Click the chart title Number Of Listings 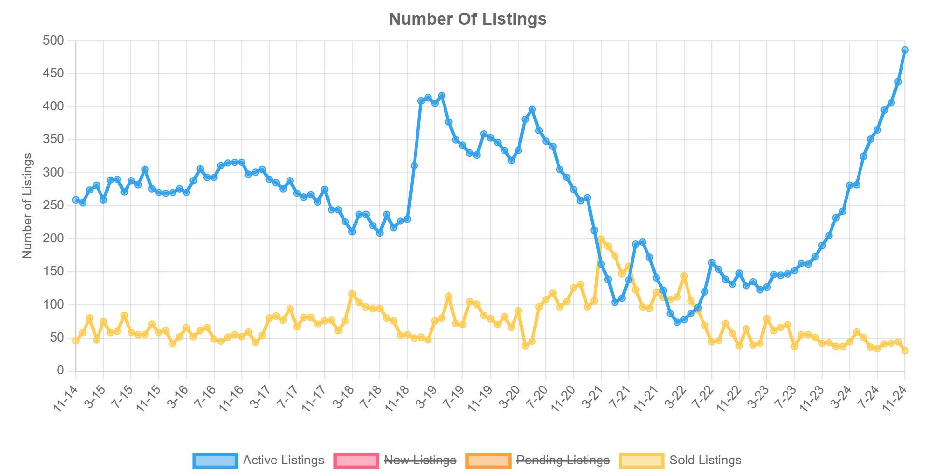point(468,19)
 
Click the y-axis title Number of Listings point(28,206)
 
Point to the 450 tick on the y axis point(54,74)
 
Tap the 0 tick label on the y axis point(60,371)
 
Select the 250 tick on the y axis point(54,206)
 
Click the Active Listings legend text point(283,460)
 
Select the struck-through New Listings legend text point(420,460)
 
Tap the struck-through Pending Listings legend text point(563,460)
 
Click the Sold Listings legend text point(705,460)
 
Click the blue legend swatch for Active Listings point(215,460)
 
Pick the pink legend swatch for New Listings point(356,460)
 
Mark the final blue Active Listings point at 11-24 point(905,50)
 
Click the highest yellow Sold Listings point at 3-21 point(601,239)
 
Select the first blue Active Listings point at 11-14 point(76,200)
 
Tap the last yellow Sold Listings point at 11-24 point(905,350)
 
